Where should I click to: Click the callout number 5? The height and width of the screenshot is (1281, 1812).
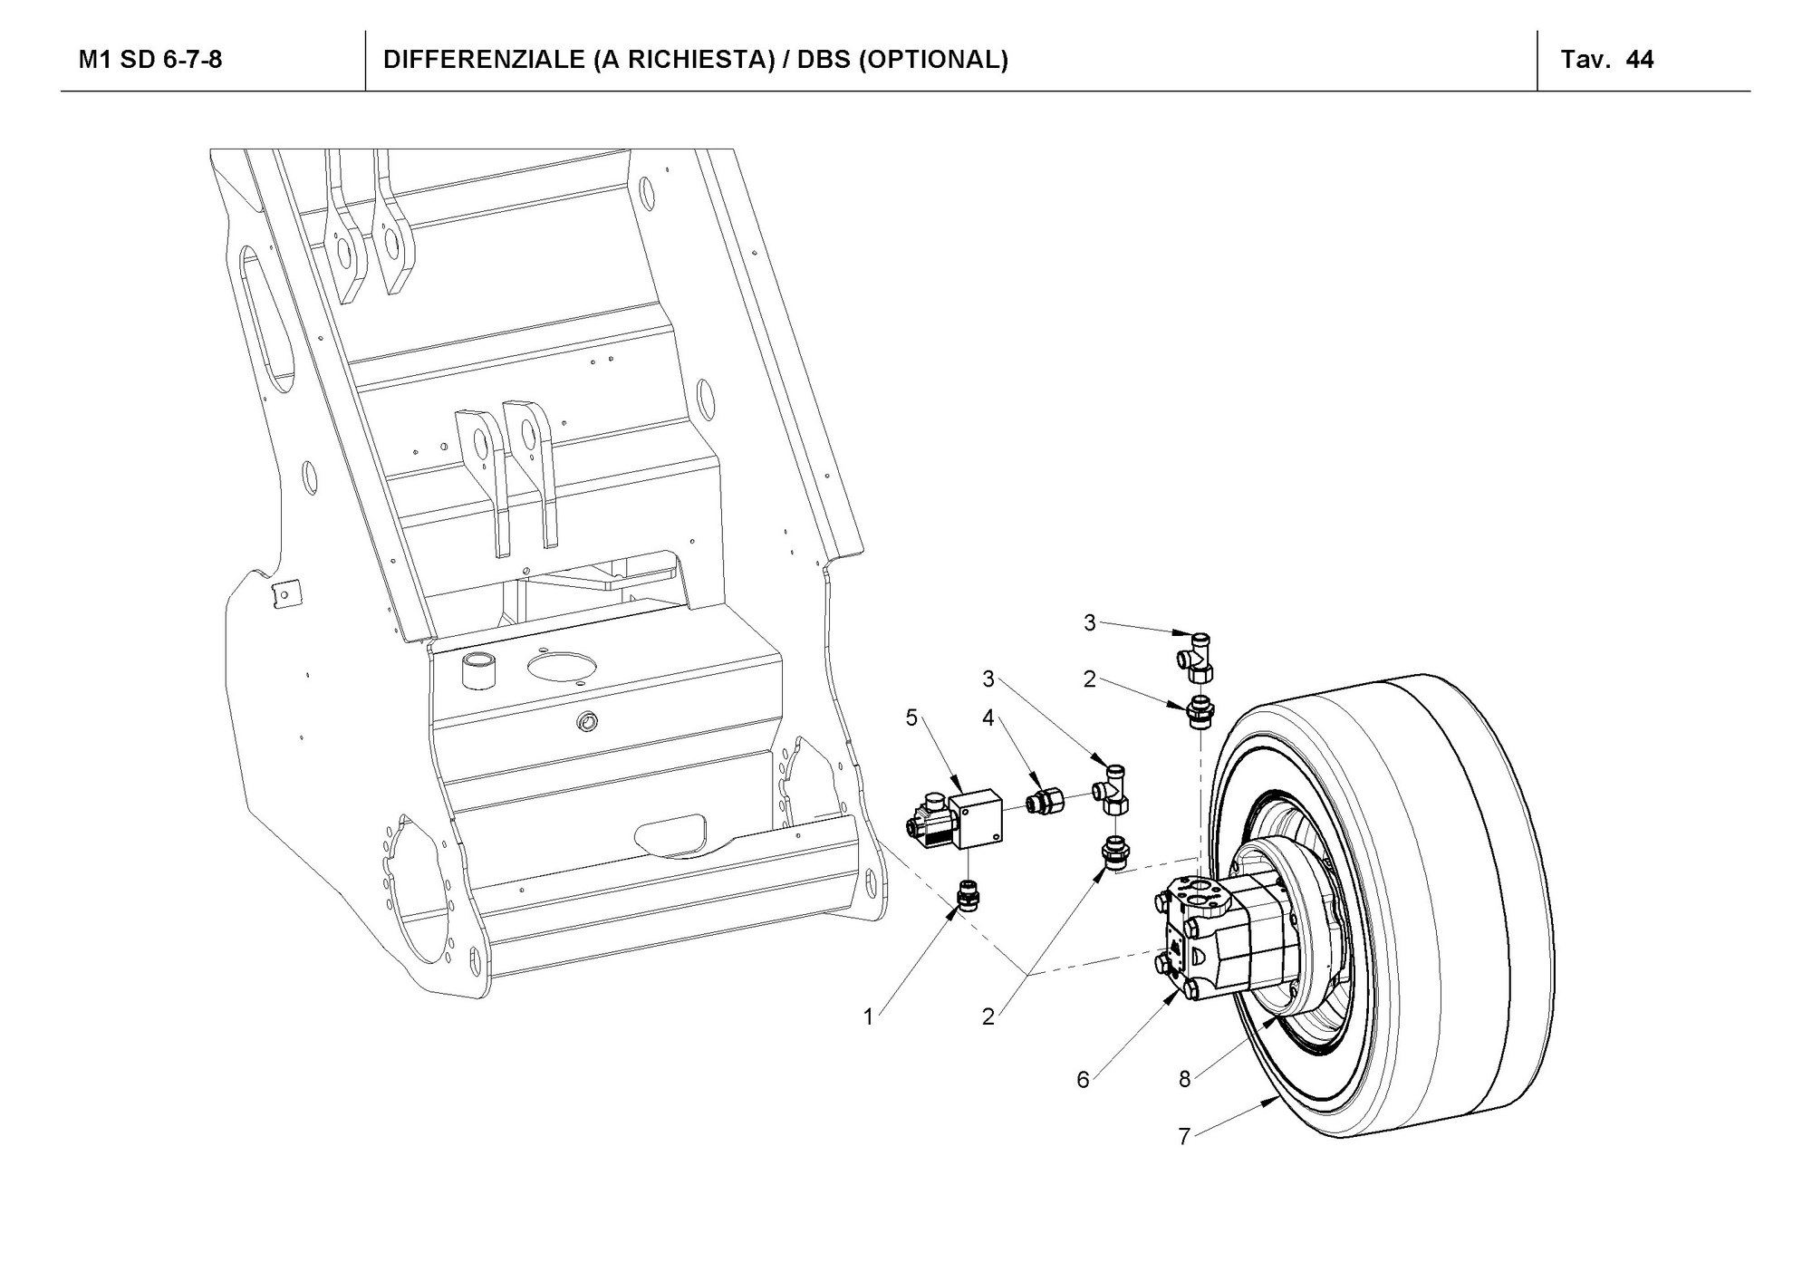[x=911, y=718]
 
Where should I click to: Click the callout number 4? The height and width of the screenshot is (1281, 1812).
[x=988, y=718]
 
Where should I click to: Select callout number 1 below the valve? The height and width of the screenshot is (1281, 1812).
[x=868, y=1017]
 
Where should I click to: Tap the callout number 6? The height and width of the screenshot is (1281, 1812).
[x=1083, y=1080]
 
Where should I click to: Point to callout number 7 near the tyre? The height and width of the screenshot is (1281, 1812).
[x=1183, y=1136]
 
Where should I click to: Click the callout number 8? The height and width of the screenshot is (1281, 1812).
[x=1184, y=1079]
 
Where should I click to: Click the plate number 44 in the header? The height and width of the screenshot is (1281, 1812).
[x=1640, y=60]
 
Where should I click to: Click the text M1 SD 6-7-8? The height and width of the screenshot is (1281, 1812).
[x=150, y=60]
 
